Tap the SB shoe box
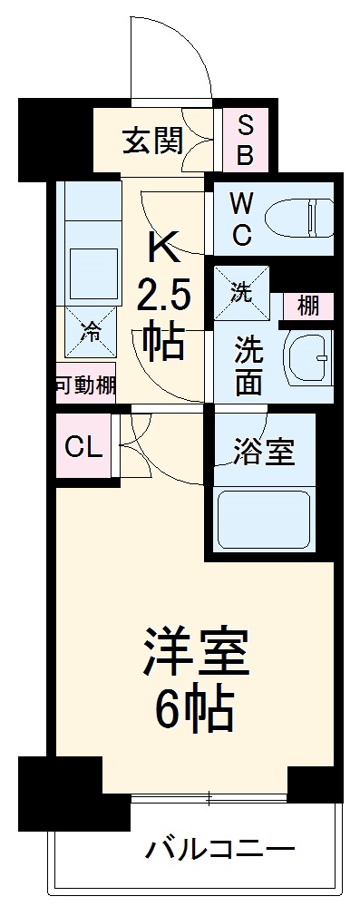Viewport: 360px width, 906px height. pyautogui.click(x=244, y=141)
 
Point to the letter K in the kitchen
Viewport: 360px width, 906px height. pyautogui.click(x=162, y=244)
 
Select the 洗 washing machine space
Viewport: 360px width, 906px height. pyautogui.click(x=241, y=292)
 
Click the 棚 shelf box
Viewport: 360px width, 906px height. pyautogui.click(x=308, y=307)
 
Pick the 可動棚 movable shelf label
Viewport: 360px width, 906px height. pyautogui.click(x=85, y=385)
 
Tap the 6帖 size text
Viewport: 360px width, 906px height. pyautogui.click(x=196, y=709)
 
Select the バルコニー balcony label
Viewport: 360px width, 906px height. pyautogui.click(x=219, y=850)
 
